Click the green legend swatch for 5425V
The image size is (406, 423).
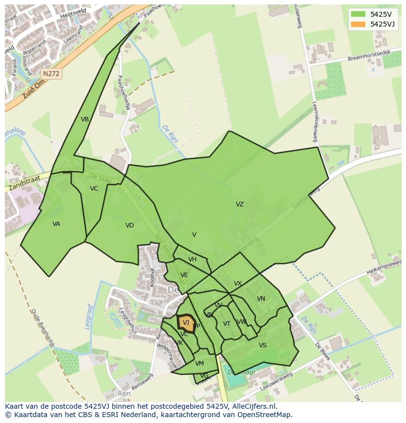(x=358, y=14)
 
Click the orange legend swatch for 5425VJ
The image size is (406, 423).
(x=358, y=24)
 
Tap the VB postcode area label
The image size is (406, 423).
(x=85, y=119)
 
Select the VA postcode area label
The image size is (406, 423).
(x=56, y=224)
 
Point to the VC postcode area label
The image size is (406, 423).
(x=94, y=189)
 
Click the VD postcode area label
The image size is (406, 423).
(x=129, y=226)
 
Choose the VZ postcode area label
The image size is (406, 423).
(x=239, y=204)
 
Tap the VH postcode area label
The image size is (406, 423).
(x=192, y=259)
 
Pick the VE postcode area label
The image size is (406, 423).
(x=184, y=275)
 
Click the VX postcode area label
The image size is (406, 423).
(x=238, y=283)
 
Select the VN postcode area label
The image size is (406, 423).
(x=261, y=299)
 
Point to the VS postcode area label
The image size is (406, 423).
(x=263, y=345)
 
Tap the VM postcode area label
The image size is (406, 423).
(x=199, y=364)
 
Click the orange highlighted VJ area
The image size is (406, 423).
(x=186, y=323)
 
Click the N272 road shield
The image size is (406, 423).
(x=51, y=74)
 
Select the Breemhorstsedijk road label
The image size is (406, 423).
(x=368, y=56)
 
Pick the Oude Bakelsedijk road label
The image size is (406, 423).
(x=41, y=328)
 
